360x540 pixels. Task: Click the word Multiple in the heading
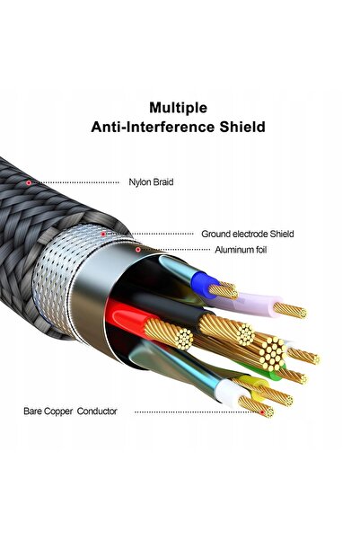tap(178, 108)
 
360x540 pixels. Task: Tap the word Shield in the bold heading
tap(242, 127)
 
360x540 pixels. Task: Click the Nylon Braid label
tap(151, 181)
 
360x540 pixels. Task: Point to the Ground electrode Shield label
tap(248, 234)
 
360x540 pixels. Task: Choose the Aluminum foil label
tap(241, 250)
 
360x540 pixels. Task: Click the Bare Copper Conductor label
tap(70, 412)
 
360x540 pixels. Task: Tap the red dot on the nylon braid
tap(29, 182)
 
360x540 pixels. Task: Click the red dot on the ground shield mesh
tap(103, 235)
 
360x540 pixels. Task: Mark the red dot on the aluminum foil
tap(138, 250)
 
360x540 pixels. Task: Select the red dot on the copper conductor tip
tap(262, 412)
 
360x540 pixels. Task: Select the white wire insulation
tap(230, 394)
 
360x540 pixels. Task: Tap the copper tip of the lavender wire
tap(290, 310)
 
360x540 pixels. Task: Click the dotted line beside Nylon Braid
tap(75, 182)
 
